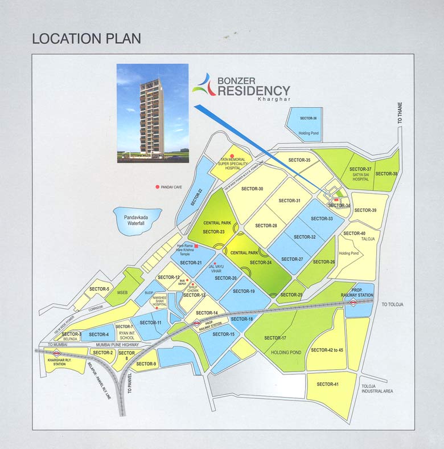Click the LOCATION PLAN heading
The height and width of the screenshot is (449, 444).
point(87,39)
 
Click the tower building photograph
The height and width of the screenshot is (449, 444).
point(152,113)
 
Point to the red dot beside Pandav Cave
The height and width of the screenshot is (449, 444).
point(157,187)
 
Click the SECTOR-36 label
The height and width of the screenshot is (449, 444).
point(307,119)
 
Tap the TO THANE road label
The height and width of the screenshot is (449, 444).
point(400,114)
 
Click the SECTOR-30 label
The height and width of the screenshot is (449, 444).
point(252,189)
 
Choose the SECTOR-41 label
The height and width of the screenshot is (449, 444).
point(328,384)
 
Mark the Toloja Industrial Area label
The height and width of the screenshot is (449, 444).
point(377,389)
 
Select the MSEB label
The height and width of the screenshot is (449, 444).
point(123,293)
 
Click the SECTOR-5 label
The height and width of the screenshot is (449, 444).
point(100,289)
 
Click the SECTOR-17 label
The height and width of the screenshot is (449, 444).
point(276,338)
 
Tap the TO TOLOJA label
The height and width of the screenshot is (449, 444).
point(392,305)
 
